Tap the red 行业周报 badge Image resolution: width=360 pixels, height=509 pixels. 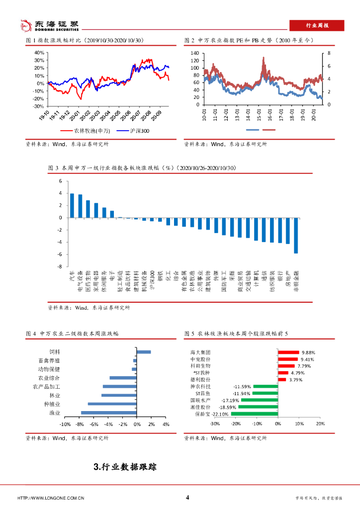316,25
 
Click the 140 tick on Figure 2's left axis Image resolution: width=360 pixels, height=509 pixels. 194,53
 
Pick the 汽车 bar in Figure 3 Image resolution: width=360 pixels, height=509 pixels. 72,205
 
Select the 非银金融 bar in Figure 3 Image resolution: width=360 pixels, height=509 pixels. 296,236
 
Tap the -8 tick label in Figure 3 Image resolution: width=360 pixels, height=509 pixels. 60,266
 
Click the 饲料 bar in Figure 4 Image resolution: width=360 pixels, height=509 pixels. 144,352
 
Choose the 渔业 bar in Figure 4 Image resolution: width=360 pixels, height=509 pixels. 109,413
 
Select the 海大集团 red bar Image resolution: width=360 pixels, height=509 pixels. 288,352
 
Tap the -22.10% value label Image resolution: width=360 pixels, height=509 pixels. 220,414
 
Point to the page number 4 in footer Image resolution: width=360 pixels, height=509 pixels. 187,498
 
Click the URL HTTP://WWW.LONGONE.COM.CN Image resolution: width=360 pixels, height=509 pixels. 51,498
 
